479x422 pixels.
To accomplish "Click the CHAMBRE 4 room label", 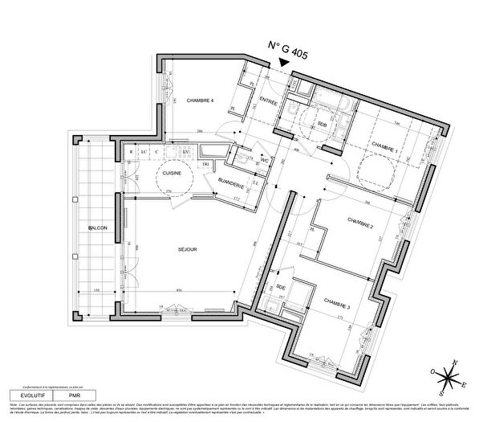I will (x=200, y=100).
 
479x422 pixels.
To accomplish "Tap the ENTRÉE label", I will (x=268, y=102).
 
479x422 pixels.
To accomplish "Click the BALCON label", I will (x=98, y=230).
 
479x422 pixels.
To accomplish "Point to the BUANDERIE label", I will (x=231, y=184).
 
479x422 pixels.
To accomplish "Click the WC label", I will (x=264, y=159).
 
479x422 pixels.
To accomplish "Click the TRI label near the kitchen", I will (x=205, y=164).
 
